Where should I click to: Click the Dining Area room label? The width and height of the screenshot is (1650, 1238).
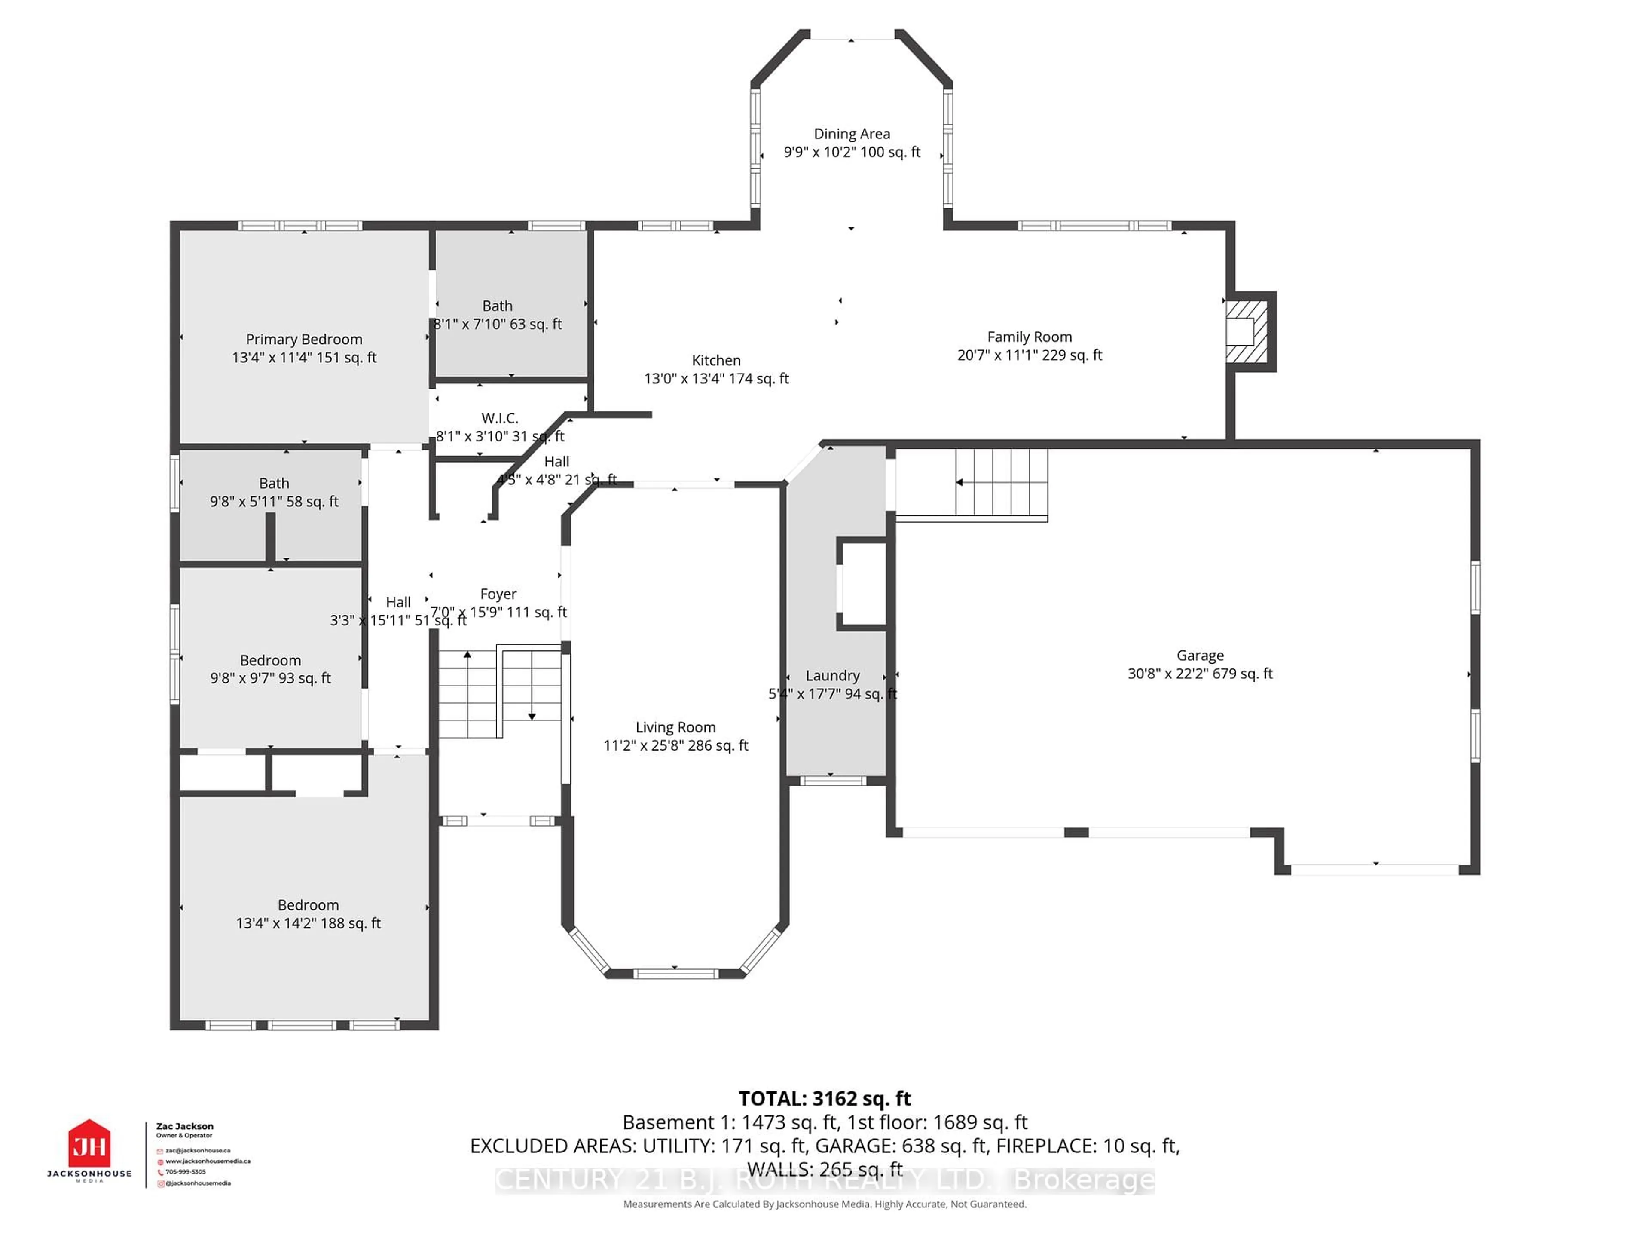tap(851, 134)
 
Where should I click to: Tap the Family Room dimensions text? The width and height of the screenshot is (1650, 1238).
tap(1030, 355)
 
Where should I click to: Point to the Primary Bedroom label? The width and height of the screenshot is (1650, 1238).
tap(304, 340)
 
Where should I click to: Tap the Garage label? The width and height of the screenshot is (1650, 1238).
tap(1199, 655)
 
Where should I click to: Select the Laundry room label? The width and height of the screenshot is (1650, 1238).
tap(832, 675)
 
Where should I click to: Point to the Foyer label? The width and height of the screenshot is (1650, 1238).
tap(498, 594)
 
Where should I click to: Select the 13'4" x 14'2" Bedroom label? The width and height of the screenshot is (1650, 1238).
tap(308, 905)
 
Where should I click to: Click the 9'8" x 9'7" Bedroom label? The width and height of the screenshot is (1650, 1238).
tap(270, 660)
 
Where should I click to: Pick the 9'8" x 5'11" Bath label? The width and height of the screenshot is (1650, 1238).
tap(274, 484)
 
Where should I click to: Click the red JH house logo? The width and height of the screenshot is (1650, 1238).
tap(89, 1144)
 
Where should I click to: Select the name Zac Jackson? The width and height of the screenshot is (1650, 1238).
tap(184, 1126)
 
